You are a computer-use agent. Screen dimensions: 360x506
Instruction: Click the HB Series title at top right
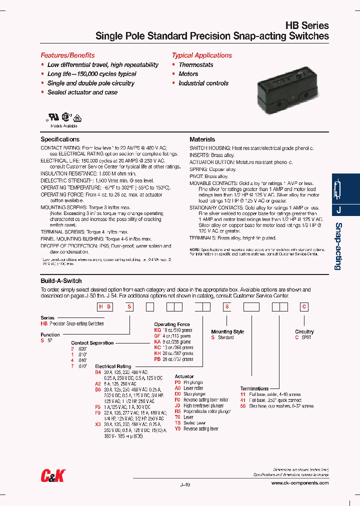point(306,25)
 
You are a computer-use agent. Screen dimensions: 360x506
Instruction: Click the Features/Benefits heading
point(67,55)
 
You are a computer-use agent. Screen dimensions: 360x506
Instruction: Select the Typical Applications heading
point(201,55)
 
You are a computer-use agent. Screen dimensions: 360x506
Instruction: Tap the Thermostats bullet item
point(195,65)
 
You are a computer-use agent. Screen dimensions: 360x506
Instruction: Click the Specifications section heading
point(60,139)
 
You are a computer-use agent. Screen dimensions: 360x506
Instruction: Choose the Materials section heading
point(202,139)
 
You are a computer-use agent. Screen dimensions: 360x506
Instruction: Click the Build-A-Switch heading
point(61,281)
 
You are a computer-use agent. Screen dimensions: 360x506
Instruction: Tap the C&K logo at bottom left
point(52,476)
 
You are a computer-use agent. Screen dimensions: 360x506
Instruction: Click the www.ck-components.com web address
point(300,483)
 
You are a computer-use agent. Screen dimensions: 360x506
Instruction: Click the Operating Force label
point(172,324)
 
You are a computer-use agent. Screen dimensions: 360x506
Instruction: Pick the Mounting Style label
point(227,331)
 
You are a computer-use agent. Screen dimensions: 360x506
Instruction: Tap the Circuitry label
point(304,331)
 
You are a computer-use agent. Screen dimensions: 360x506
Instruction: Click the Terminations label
point(254,388)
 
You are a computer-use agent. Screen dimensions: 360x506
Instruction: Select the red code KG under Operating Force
point(157,330)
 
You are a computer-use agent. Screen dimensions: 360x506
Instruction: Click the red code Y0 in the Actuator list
point(177,429)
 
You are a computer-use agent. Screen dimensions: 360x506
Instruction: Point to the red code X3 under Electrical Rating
point(98,423)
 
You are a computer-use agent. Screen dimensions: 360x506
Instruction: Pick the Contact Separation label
point(92,343)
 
